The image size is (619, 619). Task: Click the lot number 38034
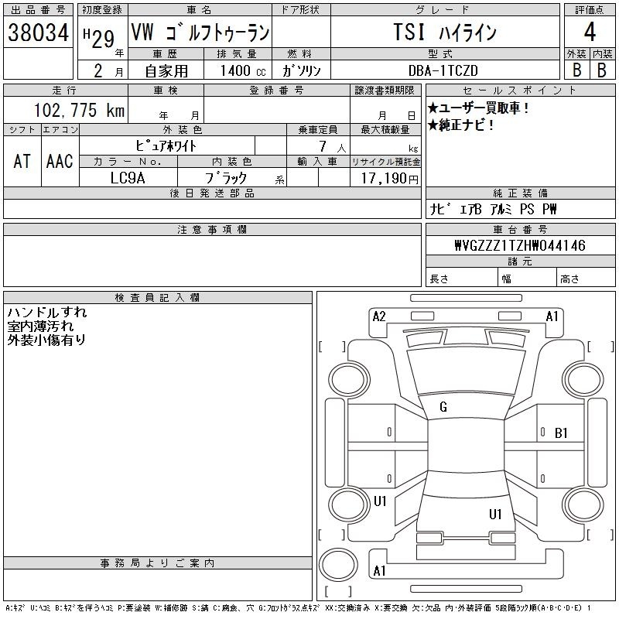[x=39, y=32]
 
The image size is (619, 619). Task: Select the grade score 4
[x=590, y=33]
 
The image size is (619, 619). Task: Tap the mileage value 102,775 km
[x=79, y=111]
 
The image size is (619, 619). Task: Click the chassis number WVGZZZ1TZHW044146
[x=519, y=246]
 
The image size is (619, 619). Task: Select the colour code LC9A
[x=128, y=177]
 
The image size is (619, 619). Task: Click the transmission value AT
[x=22, y=162]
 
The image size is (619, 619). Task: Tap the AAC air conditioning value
[x=60, y=162]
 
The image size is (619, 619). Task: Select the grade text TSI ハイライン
[x=443, y=33]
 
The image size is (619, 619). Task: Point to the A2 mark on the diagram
[x=379, y=316]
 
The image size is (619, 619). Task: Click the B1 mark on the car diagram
[x=562, y=433]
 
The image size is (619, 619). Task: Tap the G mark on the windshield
[x=443, y=407]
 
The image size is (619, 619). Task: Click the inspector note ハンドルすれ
[x=47, y=313]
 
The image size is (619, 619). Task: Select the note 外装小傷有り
[x=47, y=339]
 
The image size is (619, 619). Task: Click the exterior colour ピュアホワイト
[x=166, y=145]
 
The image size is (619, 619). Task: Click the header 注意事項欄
[x=212, y=230]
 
